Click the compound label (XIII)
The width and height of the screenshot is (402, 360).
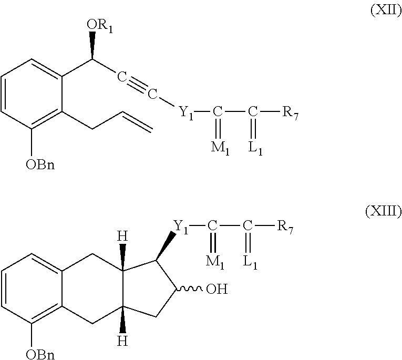[x=384, y=211]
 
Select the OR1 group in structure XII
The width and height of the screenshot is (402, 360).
[x=99, y=26]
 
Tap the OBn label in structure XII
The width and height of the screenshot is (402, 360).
[x=40, y=164]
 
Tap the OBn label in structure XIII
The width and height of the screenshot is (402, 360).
[x=40, y=355]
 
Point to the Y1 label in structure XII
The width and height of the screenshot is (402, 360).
[x=186, y=112]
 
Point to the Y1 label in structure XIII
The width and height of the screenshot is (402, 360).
[x=181, y=227]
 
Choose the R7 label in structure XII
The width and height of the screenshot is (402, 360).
[x=291, y=112]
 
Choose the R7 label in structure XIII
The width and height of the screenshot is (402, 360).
[x=285, y=227]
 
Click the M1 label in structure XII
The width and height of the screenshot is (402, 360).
[x=220, y=149]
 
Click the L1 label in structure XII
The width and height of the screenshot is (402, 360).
[x=255, y=149]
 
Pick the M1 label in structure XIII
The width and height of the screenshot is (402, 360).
[x=215, y=263]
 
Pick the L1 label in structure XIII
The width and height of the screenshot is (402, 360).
[x=250, y=263]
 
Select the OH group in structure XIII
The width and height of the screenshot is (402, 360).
[x=217, y=289]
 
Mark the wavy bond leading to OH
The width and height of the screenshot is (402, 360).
[x=189, y=289]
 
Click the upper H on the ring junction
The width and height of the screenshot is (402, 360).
[x=122, y=236]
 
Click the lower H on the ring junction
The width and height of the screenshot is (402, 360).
[x=122, y=341]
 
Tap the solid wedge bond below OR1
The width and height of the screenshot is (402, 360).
[x=92, y=46]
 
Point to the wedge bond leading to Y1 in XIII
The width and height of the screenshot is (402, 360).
[x=166, y=246]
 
